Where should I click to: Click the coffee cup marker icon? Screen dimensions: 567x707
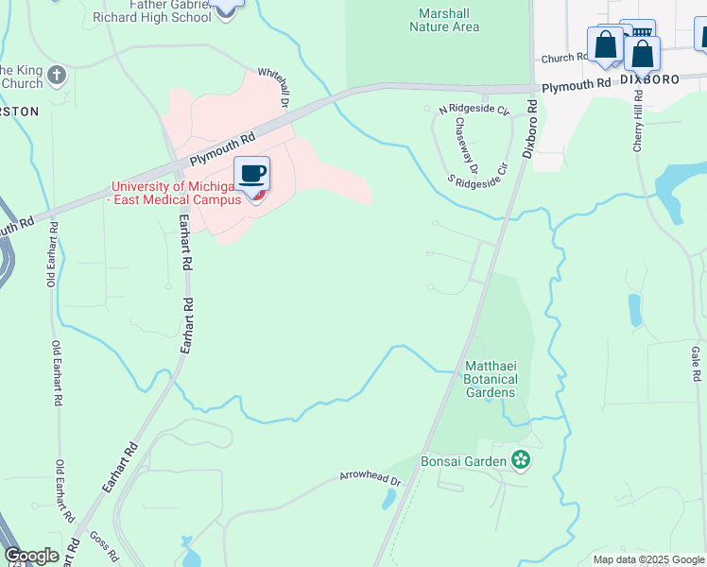[x=251, y=175]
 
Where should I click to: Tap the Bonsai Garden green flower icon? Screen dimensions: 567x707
[x=520, y=460]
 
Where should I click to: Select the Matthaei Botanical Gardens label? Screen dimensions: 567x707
[x=490, y=379]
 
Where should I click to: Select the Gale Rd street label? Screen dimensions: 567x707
[x=696, y=363]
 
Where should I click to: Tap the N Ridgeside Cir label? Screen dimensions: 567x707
[x=474, y=111]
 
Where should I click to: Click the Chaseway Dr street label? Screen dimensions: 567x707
[x=468, y=146]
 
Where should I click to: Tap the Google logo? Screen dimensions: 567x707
[x=31, y=556]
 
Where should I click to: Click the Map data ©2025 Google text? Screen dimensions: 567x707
[x=648, y=559]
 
